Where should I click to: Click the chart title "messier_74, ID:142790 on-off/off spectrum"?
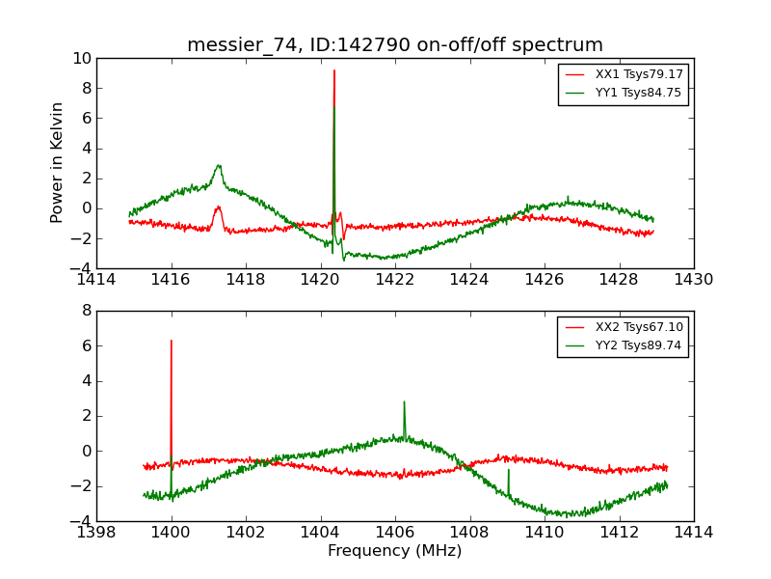(x=395, y=45)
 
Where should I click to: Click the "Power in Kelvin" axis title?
(x=58, y=162)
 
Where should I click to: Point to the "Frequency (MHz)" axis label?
(x=395, y=551)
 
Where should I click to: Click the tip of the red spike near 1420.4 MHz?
(x=334, y=70)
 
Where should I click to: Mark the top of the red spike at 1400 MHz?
(x=172, y=341)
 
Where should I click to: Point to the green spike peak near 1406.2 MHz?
(x=404, y=402)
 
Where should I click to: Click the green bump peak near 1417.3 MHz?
(x=219, y=165)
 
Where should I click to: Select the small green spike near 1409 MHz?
(x=508, y=470)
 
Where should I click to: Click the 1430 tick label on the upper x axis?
(x=694, y=280)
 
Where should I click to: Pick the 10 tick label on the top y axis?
(x=81, y=59)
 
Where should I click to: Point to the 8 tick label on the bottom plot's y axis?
(x=86, y=311)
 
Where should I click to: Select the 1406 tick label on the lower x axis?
(x=395, y=532)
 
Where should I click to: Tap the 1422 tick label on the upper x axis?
(x=395, y=280)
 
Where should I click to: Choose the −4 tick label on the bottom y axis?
(x=81, y=521)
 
